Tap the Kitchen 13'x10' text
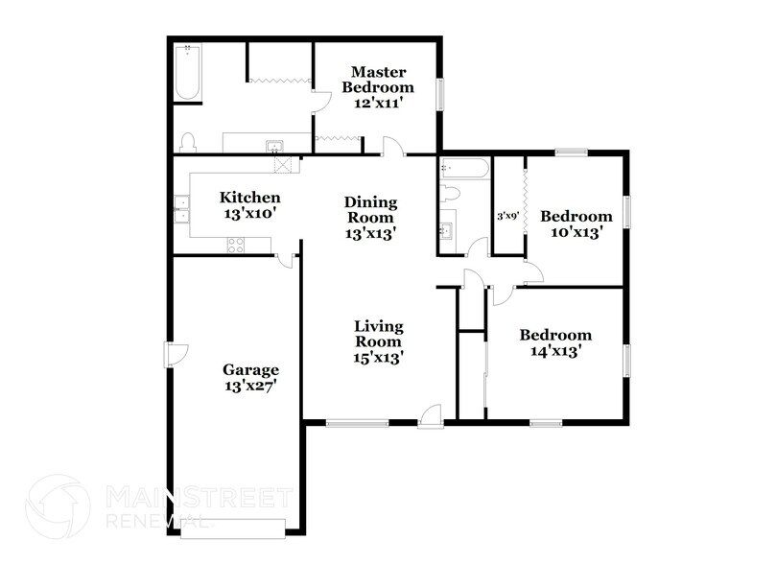point(250,206)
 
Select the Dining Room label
point(370,217)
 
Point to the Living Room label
point(378,341)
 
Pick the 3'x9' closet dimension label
point(507,216)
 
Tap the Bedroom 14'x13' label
point(555,342)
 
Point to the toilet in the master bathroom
point(188,142)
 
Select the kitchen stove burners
point(236,246)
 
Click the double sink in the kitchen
point(180,209)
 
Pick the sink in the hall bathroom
point(447,231)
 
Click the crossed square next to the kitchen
point(283,164)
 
